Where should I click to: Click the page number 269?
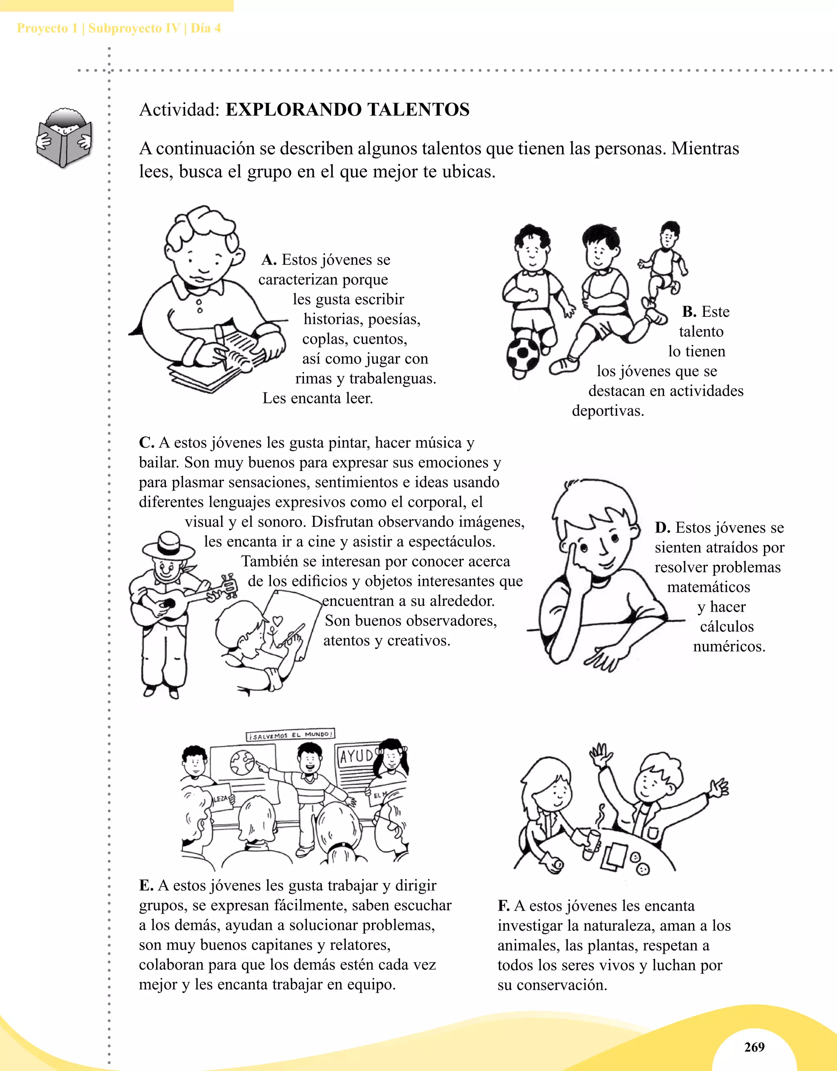tap(754, 1047)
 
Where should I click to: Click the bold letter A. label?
tap(269, 260)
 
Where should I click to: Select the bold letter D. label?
tap(662, 528)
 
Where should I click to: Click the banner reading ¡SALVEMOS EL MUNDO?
tap(290, 735)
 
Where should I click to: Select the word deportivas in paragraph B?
tap(608, 411)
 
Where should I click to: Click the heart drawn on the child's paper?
tap(278, 621)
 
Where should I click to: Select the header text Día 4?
tap(206, 29)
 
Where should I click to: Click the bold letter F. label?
tap(504, 906)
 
